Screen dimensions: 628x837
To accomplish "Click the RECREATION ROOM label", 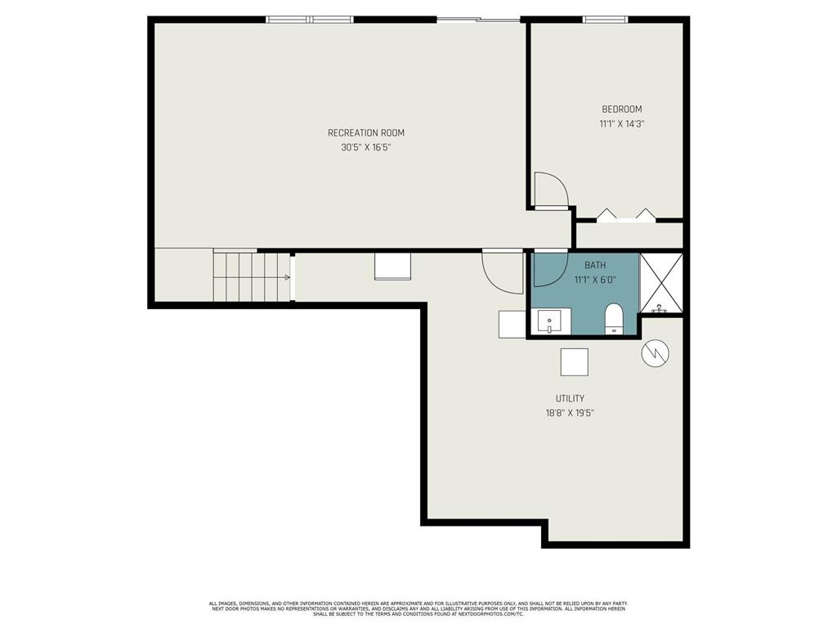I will coord(365,132).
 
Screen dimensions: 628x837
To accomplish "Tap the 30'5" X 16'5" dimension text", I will coord(365,148).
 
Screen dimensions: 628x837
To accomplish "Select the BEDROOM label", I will coord(622,110).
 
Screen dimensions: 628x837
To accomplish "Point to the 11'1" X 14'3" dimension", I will coord(622,124).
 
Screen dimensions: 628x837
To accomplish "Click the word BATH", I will coord(595,266).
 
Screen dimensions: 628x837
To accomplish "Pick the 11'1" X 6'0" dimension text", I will coord(595,280).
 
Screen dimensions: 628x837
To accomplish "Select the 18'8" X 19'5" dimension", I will coord(570,414).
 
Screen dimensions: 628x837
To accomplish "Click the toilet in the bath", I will coord(613,319).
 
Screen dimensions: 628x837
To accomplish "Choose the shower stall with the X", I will coord(661,283).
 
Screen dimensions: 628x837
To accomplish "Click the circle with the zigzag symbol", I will coord(656,353).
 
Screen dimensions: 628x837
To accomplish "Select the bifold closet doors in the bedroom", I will coord(626,216).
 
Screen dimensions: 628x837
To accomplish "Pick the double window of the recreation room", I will coord(310,20).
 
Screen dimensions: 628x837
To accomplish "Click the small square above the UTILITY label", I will coord(574,361).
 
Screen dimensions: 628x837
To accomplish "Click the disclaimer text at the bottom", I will coord(418,608).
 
